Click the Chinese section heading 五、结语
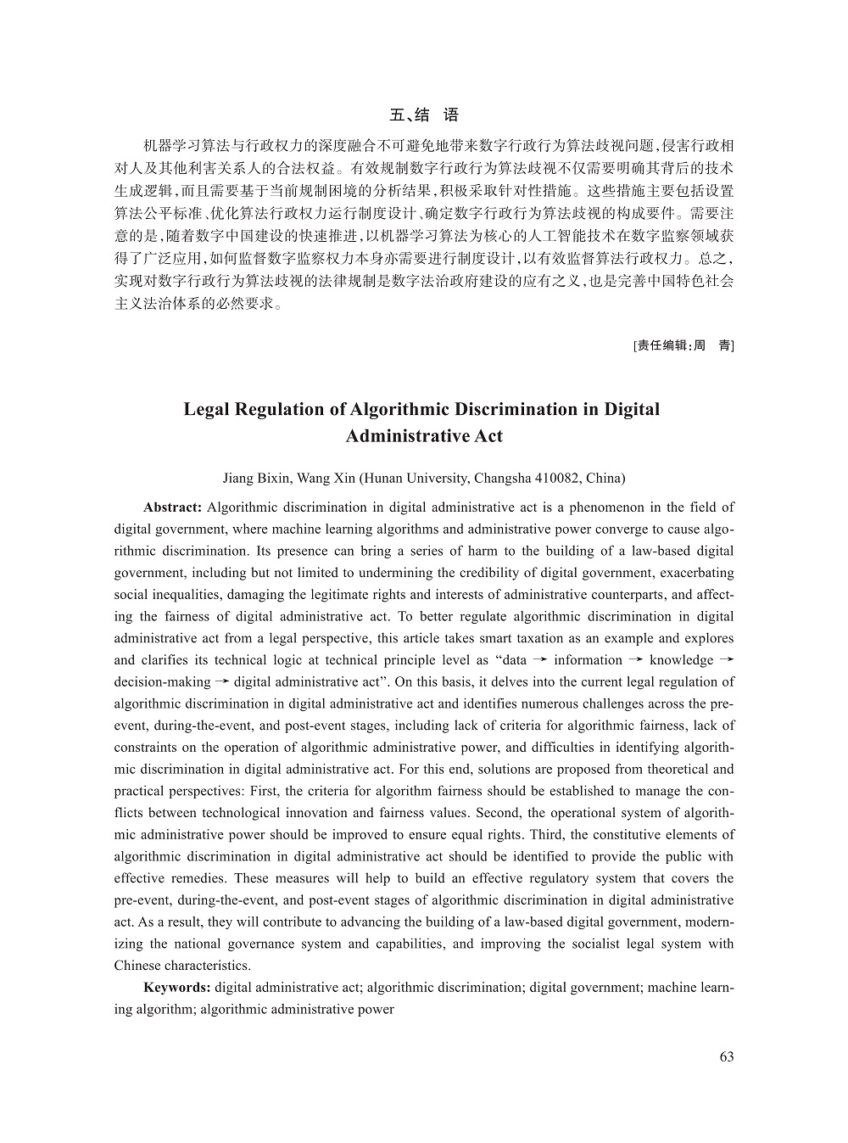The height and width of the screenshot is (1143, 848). pos(423,115)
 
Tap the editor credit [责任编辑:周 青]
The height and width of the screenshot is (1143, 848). pos(683,345)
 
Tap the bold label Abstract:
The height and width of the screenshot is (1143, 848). pos(172,507)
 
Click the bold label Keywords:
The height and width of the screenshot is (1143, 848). pos(177,987)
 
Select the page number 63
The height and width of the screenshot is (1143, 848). pos(726,1056)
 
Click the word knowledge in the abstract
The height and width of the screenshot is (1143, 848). pos(681,660)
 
